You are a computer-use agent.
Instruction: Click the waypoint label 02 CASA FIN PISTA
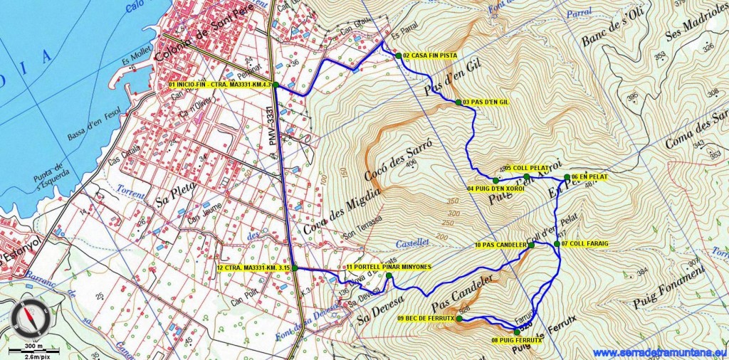[x=429, y=55]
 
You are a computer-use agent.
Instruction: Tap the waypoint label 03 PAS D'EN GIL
[x=486, y=102]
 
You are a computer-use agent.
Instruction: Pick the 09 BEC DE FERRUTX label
[x=426, y=318]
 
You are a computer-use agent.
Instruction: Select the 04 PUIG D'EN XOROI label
[x=495, y=188]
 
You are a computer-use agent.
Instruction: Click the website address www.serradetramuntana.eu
[x=659, y=353]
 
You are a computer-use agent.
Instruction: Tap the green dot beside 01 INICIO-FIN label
[x=275, y=85]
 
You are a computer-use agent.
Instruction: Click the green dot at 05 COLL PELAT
[x=526, y=176]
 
